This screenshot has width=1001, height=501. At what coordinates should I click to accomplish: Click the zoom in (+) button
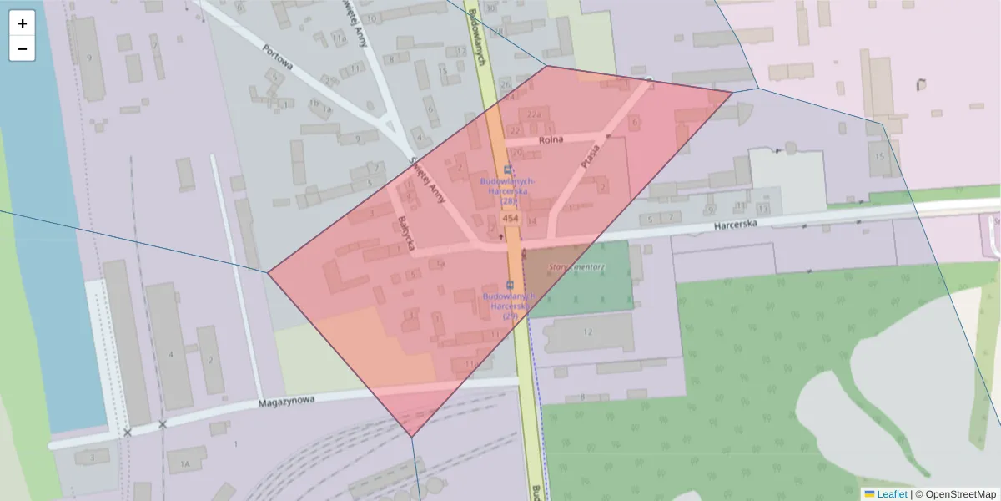click(23, 23)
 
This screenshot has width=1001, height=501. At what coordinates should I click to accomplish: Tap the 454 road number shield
click(511, 219)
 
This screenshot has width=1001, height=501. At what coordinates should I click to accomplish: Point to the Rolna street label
click(551, 139)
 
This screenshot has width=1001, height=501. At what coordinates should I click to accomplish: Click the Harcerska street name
click(735, 225)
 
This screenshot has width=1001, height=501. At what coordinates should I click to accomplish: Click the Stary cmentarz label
click(577, 267)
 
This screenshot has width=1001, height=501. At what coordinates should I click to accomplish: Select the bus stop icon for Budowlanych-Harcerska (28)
click(508, 169)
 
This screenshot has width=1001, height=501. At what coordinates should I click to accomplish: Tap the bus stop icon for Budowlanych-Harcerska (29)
click(510, 286)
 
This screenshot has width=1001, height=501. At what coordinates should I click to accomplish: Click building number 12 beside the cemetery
click(587, 332)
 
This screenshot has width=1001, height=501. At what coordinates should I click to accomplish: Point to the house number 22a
click(535, 114)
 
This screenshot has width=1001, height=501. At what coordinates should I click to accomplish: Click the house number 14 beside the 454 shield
click(531, 221)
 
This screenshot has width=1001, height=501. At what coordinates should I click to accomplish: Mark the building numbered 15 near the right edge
click(878, 156)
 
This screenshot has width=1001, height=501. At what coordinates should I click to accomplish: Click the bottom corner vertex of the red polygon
click(411, 436)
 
